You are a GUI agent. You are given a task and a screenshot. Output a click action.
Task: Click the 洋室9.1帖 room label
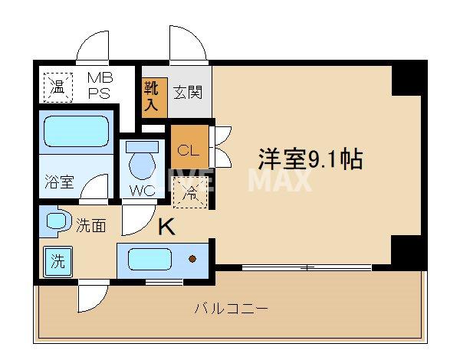click(x=310, y=159)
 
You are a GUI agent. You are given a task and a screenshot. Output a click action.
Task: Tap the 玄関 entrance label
click(x=186, y=93)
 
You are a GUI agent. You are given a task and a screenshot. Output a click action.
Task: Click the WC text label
click(x=139, y=188)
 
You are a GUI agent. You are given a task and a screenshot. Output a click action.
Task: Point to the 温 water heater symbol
click(x=57, y=86)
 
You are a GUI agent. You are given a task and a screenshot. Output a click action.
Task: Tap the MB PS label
click(x=99, y=84)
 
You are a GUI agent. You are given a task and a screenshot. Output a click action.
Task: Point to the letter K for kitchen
click(x=166, y=227)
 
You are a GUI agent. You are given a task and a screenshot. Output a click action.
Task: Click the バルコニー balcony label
click(x=230, y=309)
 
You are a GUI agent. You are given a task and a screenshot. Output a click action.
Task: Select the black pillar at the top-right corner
click(x=408, y=77)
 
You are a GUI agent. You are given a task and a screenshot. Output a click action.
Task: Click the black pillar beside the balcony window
click(x=408, y=250)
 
